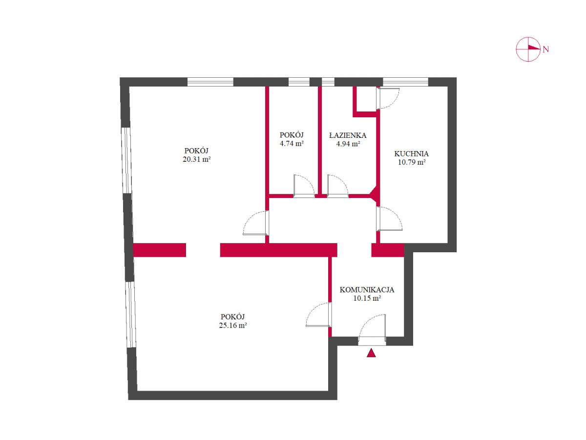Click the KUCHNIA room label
pos(411,154)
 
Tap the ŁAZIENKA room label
pos(348,135)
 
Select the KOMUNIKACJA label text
pos(367,290)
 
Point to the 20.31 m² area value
pos(197,159)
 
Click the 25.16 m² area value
pos(233,326)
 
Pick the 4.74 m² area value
pos(292,143)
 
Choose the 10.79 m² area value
pos(412,162)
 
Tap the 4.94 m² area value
pos(348,144)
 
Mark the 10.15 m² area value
pos(367,298)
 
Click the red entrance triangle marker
pos(371,353)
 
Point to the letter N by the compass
pos(546,49)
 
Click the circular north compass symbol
pos(528,49)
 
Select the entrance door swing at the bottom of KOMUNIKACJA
pos(372,330)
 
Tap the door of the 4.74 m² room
pos(304,186)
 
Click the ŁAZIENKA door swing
pos(337,186)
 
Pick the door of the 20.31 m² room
pos(255,223)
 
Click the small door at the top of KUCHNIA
pos(388,98)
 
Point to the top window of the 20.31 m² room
pos(210,82)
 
